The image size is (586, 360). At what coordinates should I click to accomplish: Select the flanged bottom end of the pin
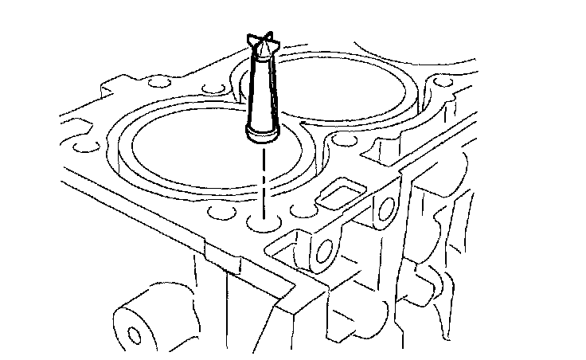(260, 134)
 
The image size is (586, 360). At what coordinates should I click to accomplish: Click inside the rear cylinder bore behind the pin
(350, 88)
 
